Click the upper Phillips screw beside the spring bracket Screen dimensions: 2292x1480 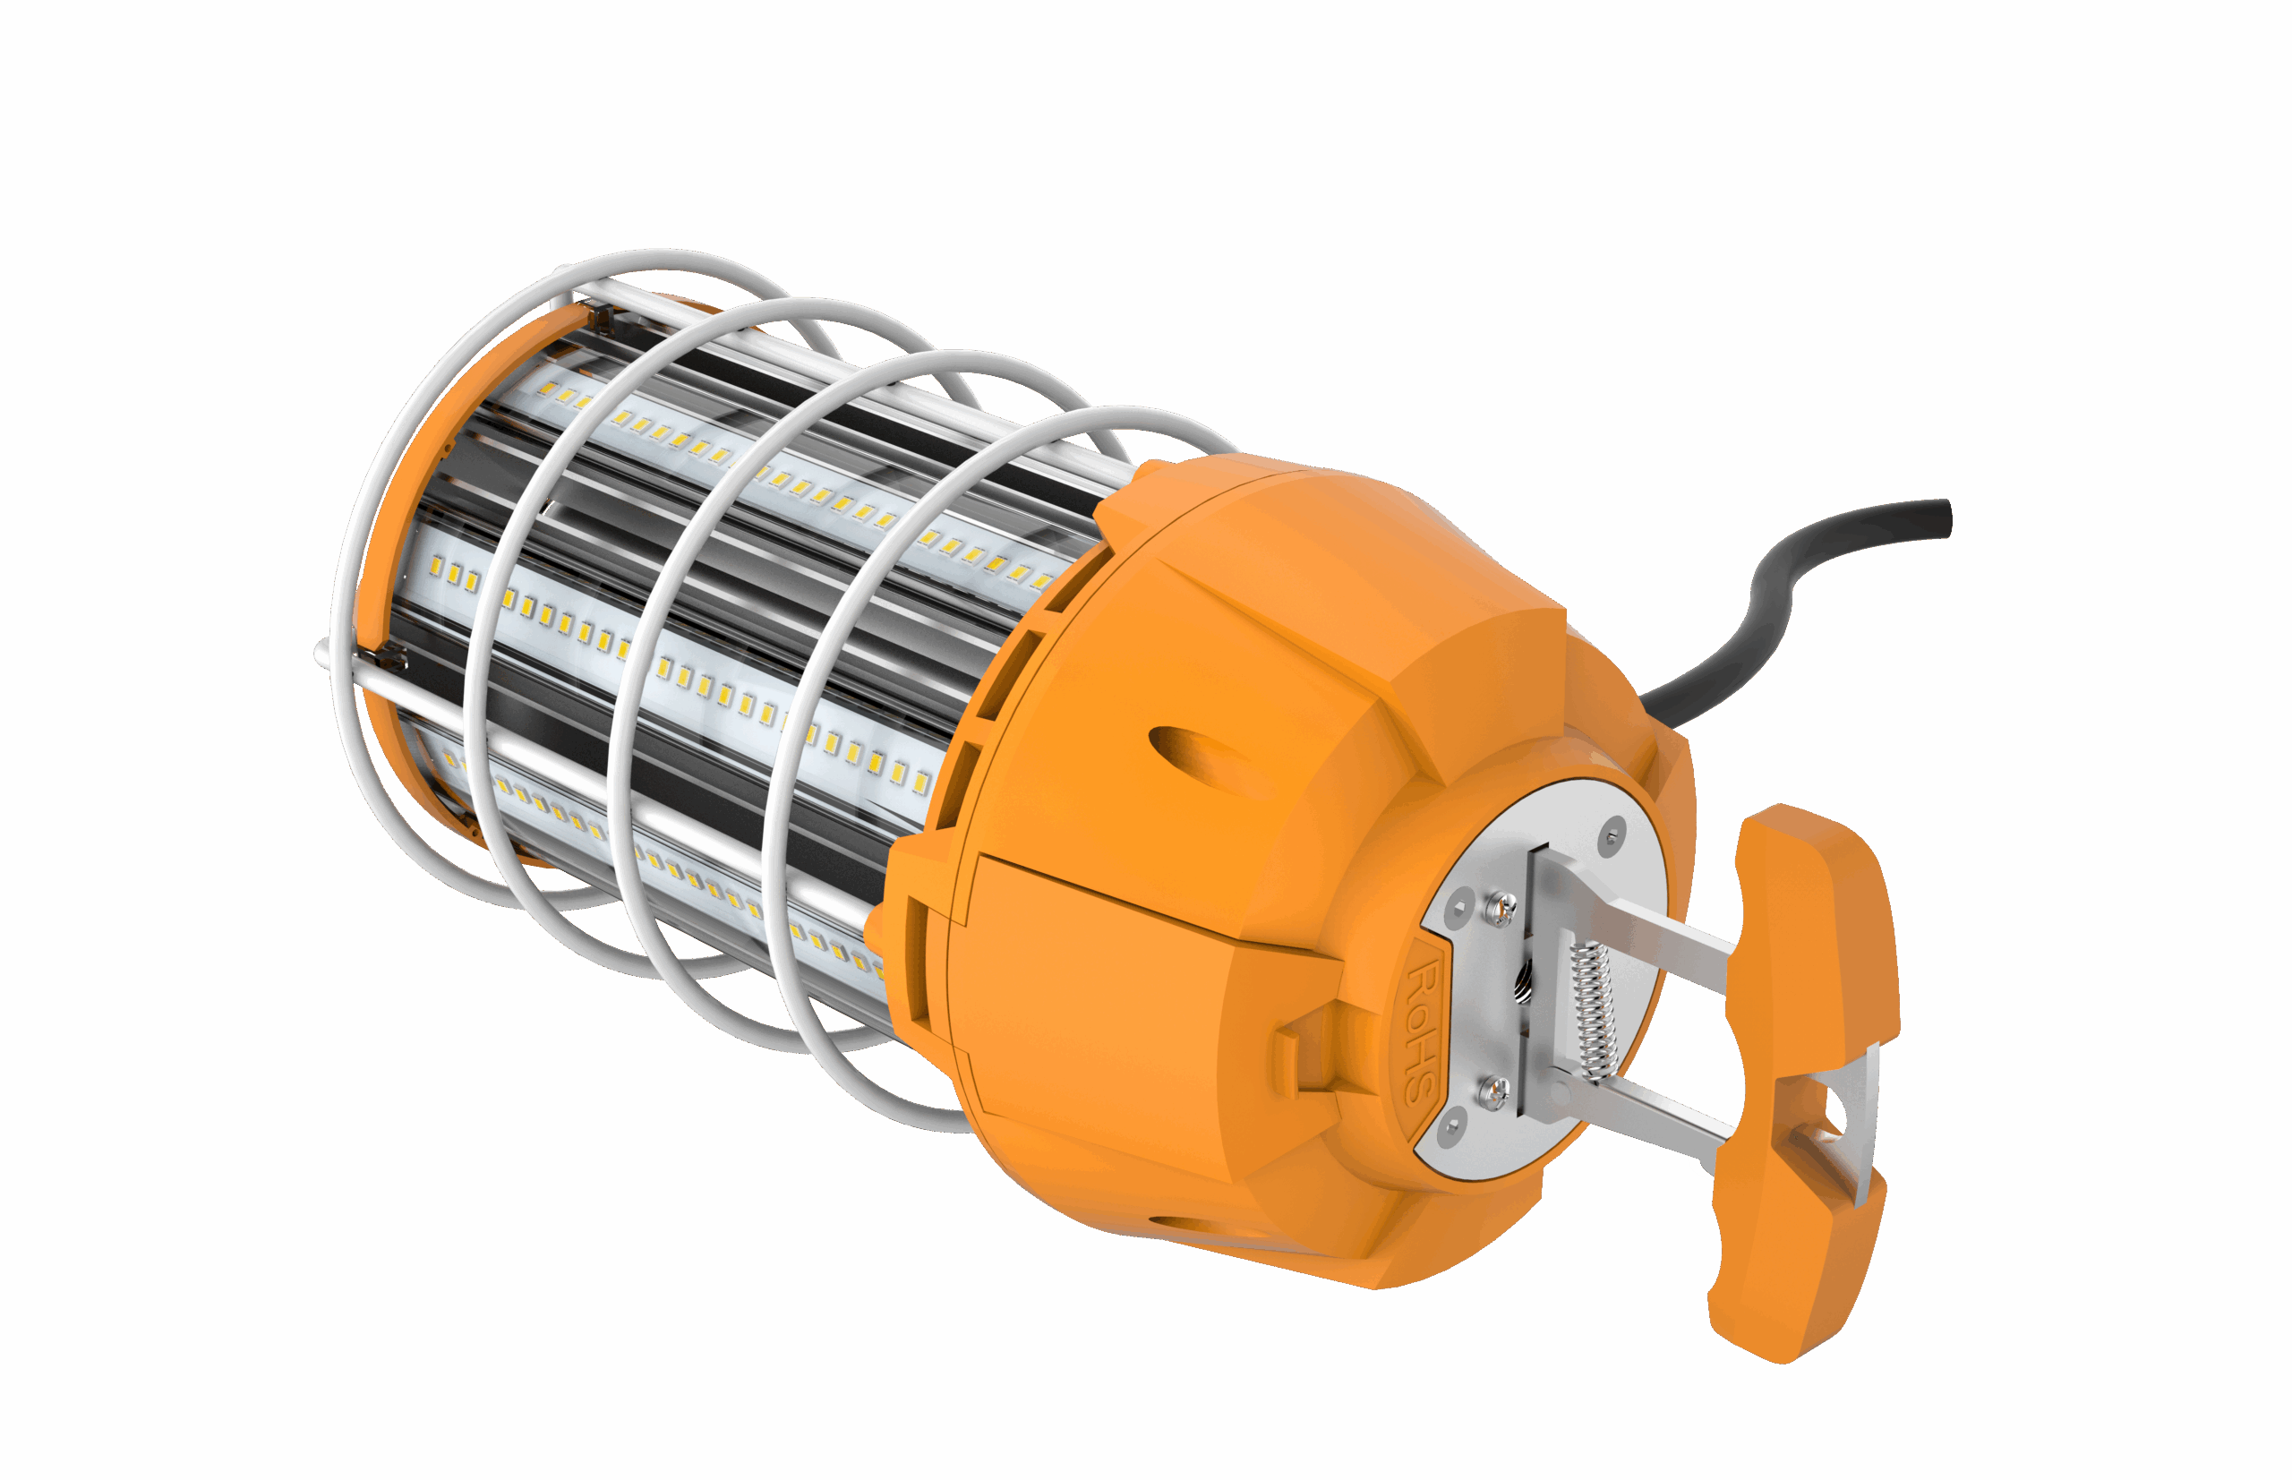[x=1502, y=907]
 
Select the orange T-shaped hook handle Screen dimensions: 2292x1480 [x=1801, y=1082]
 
